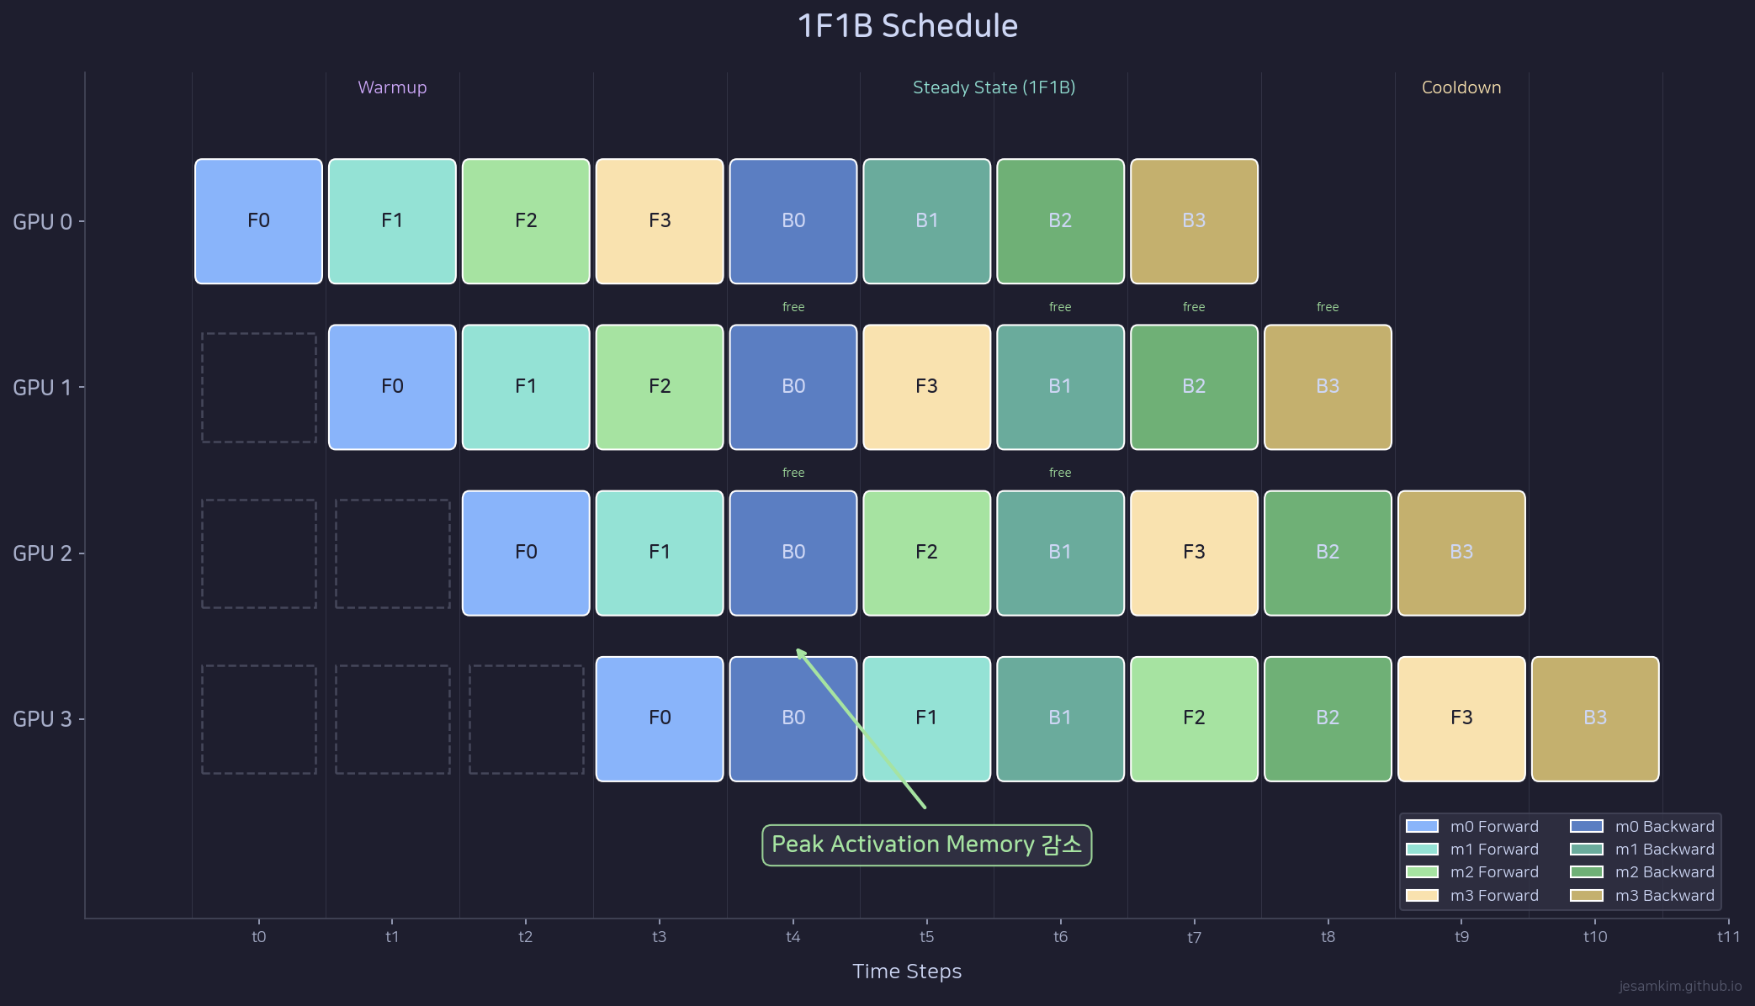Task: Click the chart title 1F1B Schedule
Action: tap(907, 26)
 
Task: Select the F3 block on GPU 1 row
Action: tap(926, 387)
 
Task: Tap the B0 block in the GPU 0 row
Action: tap(793, 221)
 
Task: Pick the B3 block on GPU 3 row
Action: tap(1595, 718)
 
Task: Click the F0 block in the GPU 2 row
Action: tap(526, 553)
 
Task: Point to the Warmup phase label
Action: tap(392, 87)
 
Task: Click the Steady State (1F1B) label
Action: tap(994, 87)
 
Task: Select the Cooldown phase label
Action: tap(1461, 87)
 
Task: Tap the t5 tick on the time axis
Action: tap(926, 936)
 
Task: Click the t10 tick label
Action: tap(1594, 936)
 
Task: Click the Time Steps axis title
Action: tap(906, 972)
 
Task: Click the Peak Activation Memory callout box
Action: tap(926, 845)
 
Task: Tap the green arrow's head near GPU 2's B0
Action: tap(800, 652)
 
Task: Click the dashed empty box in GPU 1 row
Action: tap(259, 387)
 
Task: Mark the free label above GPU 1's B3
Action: tap(1327, 307)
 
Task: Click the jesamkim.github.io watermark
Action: tap(1679, 986)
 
